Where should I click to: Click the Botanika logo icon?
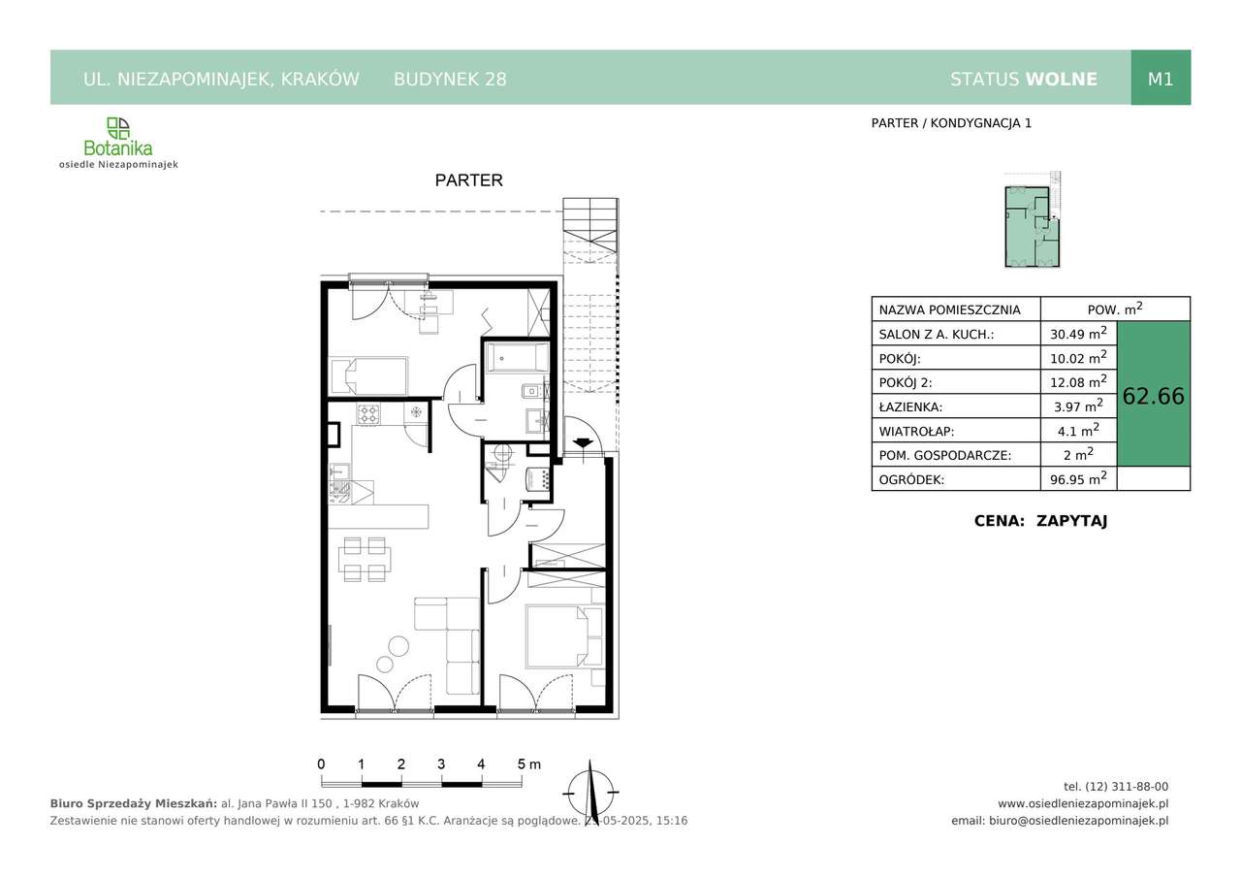tap(118, 128)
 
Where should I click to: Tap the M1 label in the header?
tap(1161, 80)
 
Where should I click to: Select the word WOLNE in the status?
tap(1062, 80)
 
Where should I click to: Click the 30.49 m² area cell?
tap(1078, 333)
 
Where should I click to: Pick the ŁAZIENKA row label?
tap(910, 406)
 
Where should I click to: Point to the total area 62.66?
tap(1154, 396)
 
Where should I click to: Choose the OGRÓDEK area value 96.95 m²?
tap(1078, 478)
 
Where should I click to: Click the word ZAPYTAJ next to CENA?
tap(1071, 521)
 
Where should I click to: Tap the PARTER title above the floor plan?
tap(468, 180)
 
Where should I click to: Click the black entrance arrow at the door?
tap(581, 442)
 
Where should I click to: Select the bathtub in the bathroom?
tap(517, 358)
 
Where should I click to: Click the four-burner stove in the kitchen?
tap(368, 414)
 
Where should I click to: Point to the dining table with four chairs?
tap(365, 559)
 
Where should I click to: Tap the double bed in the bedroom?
tap(557, 636)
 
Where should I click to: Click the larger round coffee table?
tap(398, 646)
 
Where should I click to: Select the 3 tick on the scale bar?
tap(441, 764)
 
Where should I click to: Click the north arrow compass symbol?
tap(590, 794)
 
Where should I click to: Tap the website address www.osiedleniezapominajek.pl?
tap(1083, 803)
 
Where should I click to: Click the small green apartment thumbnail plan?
tap(1033, 220)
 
